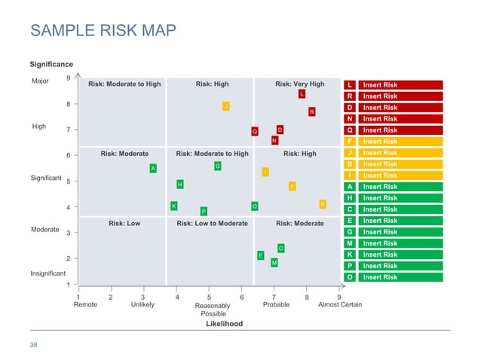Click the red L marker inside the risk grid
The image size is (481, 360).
coord(302,94)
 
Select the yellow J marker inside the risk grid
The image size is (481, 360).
coord(225,106)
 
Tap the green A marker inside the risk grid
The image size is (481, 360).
coord(153,169)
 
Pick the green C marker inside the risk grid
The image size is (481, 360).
coord(280,248)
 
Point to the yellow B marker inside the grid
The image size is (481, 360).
coord(323,204)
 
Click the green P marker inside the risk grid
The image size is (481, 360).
coord(204,211)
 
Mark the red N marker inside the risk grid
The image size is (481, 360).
coord(274,140)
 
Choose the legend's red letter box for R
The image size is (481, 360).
coord(350,96)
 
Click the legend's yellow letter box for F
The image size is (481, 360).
coord(350,142)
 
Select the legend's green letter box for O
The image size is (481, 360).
coord(350,277)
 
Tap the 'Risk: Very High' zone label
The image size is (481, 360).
coord(299,84)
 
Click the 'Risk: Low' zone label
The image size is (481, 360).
coord(124,224)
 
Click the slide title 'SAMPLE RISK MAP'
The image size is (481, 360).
coord(103,31)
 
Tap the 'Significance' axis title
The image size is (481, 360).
coord(51,65)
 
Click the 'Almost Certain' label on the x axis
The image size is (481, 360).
coord(340,305)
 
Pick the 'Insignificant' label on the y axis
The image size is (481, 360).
coord(47,273)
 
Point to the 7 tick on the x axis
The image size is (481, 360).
coord(274,297)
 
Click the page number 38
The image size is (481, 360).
coord(33,345)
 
